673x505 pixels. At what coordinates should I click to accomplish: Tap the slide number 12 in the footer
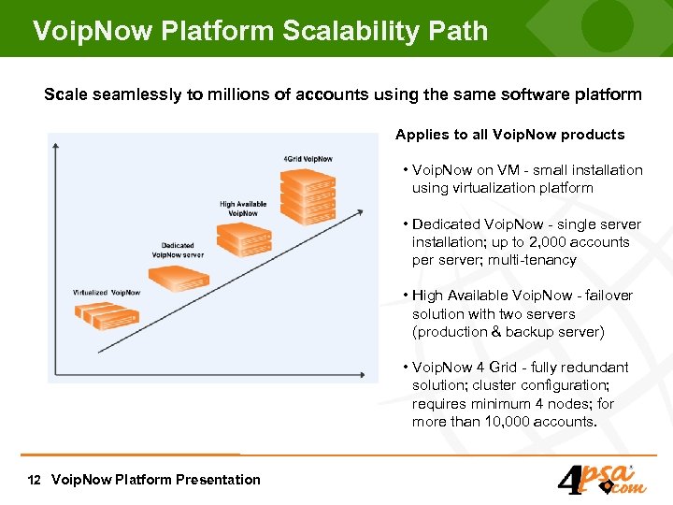point(35,480)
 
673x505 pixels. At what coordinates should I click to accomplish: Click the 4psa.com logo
point(600,480)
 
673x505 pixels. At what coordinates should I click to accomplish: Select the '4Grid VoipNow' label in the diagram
point(308,159)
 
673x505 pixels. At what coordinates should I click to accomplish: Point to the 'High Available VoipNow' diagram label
point(243,209)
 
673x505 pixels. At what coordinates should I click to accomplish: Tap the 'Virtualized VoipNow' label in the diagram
point(107,293)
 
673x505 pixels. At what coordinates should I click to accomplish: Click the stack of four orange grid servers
point(308,195)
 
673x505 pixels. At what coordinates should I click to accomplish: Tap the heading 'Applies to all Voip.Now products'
point(509,135)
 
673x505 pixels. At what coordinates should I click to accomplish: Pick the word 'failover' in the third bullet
point(609,296)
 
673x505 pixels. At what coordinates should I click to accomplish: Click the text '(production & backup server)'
point(508,332)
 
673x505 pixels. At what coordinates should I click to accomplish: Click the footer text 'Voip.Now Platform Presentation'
point(156,480)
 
